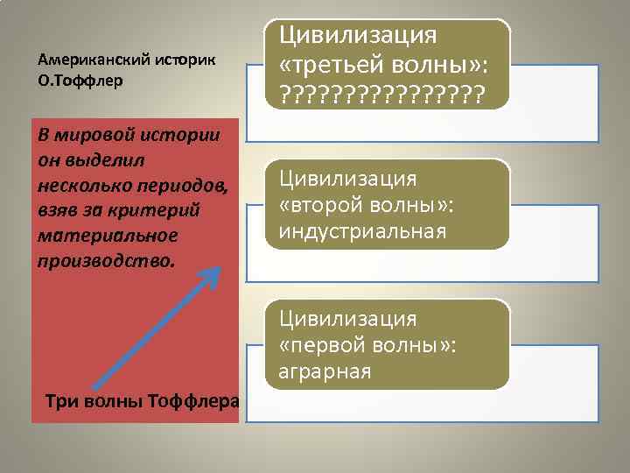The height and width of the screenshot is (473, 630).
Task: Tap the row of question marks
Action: point(381,92)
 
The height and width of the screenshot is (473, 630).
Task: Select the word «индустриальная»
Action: point(362,232)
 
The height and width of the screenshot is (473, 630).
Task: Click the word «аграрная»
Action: point(325,371)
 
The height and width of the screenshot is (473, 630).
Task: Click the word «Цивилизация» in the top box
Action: point(357,37)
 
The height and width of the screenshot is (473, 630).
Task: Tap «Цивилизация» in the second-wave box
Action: point(347,179)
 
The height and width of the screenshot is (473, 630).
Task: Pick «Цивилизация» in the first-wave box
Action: point(347,319)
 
